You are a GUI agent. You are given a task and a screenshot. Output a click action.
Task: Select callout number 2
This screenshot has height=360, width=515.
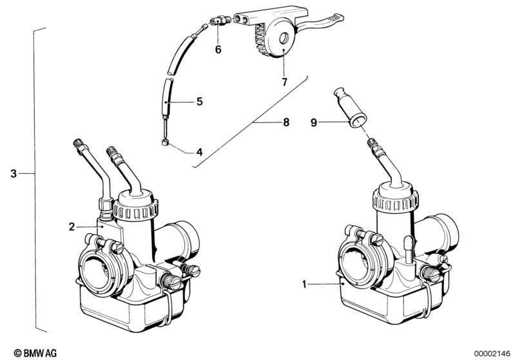[72, 226]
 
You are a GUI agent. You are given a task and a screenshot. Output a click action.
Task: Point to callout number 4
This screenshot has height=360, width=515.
[199, 153]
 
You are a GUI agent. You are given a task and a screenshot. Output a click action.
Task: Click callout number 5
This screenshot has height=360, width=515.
[199, 101]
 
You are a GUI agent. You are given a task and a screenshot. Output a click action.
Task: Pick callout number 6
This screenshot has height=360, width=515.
[218, 50]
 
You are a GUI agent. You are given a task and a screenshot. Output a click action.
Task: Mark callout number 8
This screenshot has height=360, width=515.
[285, 121]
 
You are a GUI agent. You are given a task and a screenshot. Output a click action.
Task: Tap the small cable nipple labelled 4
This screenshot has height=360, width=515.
[166, 144]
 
